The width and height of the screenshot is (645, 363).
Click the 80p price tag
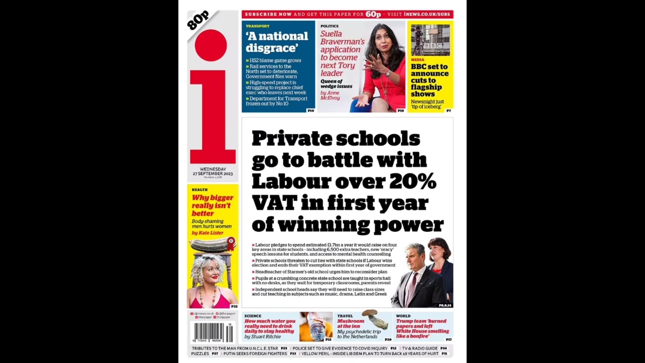coord(198,21)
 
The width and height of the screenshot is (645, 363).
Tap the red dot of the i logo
coord(211,45)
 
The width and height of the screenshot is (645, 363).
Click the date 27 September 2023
coord(213,173)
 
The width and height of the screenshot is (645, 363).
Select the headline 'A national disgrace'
coord(277,42)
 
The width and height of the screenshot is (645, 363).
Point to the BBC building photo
coord(430,40)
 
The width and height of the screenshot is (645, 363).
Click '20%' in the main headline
coord(413,181)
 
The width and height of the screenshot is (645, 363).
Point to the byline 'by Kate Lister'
coord(207,233)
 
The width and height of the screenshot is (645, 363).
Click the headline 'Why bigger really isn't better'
coord(212,205)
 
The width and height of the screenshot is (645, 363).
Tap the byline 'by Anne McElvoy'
coord(330,95)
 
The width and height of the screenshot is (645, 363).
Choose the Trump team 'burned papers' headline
coord(422,328)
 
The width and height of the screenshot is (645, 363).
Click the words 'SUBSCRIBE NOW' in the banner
coord(268,15)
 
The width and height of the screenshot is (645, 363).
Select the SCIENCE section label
coord(253,316)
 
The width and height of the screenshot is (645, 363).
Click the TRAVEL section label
coord(345,316)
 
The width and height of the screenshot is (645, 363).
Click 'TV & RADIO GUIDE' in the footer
coord(419,348)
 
